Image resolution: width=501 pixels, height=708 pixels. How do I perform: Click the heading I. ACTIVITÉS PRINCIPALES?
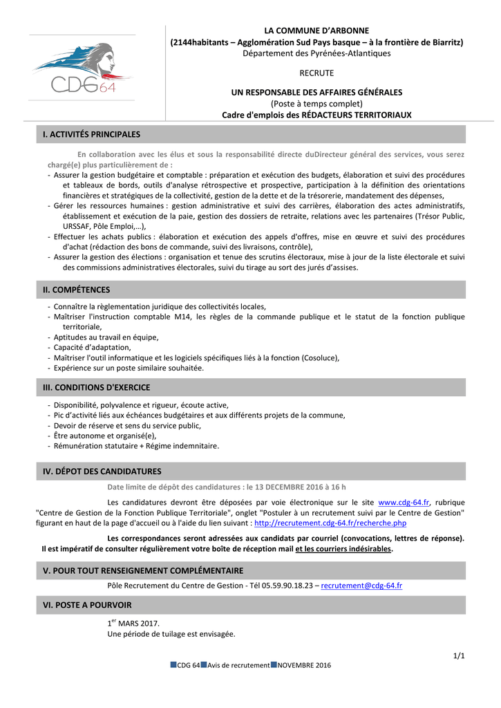tap(92, 134)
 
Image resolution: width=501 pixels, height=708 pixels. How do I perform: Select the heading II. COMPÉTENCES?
tap(77, 290)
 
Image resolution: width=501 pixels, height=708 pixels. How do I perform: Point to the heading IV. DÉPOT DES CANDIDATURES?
tap(102, 472)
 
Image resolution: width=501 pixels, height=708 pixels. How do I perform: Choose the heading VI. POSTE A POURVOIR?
tap(87, 605)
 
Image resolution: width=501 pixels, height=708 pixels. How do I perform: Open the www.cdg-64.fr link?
tap(404, 503)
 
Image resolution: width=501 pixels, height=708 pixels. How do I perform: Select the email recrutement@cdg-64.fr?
tap(361, 585)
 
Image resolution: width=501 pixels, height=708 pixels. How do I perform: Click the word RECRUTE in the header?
tap(316, 73)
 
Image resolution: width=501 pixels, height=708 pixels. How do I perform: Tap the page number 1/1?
tap(459, 655)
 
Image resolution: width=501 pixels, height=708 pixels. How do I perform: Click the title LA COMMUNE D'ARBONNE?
tap(316, 30)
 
